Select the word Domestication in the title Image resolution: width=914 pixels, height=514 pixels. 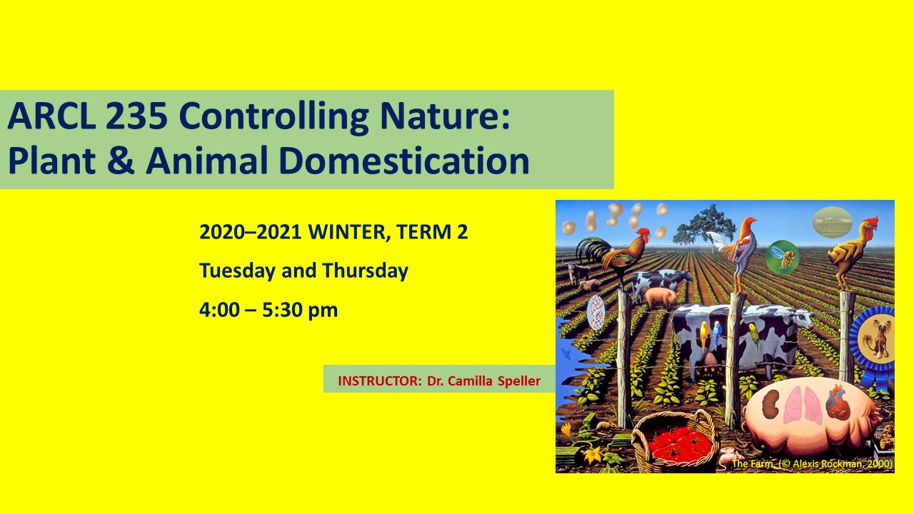[404, 161]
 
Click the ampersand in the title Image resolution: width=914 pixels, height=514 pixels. [121, 161]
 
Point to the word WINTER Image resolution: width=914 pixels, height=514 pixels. [346, 232]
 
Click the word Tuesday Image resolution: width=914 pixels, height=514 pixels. [237, 271]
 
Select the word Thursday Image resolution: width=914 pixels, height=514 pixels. [365, 271]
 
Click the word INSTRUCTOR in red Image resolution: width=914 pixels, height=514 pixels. [379, 381]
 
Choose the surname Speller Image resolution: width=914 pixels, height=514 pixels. [519, 381]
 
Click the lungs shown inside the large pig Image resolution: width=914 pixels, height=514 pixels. [801, 405]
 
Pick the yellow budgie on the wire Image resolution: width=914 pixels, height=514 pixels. [705, 335]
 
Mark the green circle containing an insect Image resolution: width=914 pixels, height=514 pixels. [782, 257]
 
